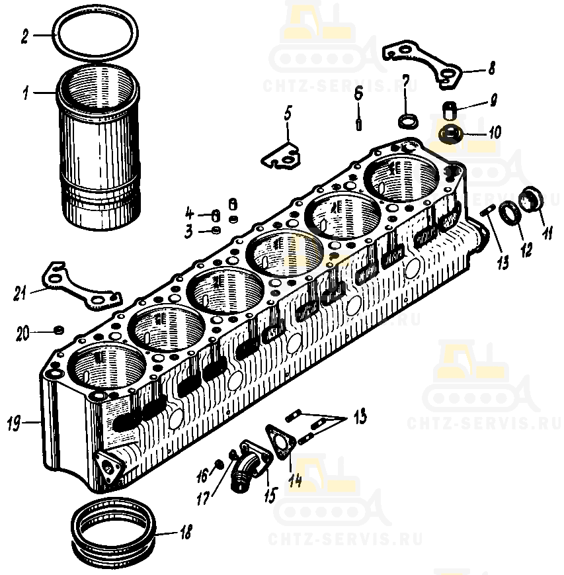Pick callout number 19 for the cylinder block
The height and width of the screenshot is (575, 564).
(13, 421)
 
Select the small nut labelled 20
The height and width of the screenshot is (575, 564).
(58, 329)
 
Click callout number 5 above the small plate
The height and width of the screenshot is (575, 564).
(288, 113)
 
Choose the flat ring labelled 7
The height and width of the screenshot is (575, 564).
(406, 121)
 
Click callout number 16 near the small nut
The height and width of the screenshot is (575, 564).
(202, 473)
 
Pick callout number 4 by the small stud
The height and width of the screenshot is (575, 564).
(189, 214)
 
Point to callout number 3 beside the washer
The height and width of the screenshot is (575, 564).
(188, 231)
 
